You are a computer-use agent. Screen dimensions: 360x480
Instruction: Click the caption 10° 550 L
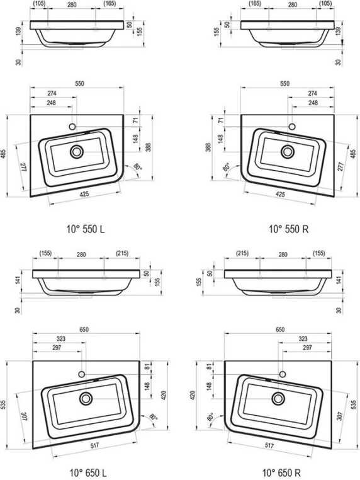pos(86,229)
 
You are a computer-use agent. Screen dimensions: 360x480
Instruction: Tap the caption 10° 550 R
pos(288,229)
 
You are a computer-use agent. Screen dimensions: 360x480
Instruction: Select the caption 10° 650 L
pos(88,472)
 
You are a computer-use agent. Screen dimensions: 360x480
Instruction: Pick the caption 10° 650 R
pos(282,472)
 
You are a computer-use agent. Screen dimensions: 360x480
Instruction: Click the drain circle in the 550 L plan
pos(76,152)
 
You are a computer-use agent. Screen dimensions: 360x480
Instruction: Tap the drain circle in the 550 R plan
pos(288,152)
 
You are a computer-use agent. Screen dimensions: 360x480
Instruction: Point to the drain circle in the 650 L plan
pos(86,399)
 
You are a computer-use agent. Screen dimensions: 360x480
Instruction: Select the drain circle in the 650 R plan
pos(278,399)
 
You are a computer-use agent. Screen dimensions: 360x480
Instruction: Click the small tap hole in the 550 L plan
pos(72,127)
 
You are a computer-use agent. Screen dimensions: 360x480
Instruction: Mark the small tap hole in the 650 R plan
pos(283,374)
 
